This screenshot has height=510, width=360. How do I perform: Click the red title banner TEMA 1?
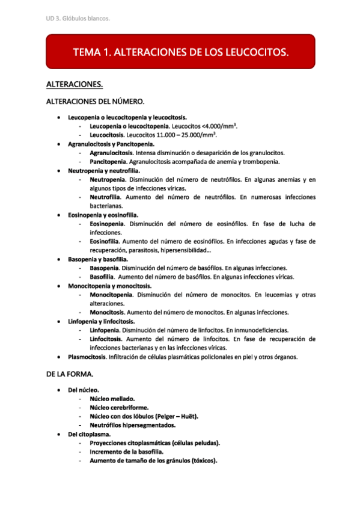pos(180,52)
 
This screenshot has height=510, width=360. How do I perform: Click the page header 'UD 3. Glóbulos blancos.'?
pos(78,19)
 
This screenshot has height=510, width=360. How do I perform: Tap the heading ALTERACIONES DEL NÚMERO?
pos(95,102)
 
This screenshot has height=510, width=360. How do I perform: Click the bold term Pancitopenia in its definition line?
pos(108,162)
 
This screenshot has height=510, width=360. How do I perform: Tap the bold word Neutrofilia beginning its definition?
pos(105,197)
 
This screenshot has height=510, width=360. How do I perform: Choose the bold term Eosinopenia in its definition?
pos(108,224)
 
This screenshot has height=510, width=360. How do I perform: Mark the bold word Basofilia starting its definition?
pos(103,277)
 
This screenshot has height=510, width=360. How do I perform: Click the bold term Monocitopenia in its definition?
pos(111,295)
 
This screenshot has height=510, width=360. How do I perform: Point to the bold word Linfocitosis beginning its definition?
pos(107,339)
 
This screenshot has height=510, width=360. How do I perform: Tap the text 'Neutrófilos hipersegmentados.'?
pos(133,425)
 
